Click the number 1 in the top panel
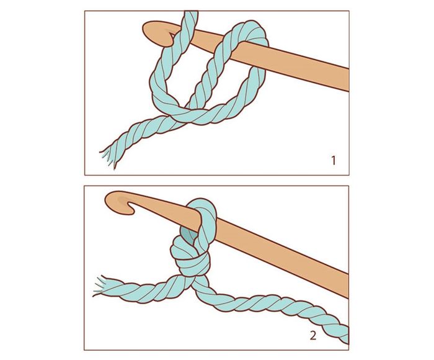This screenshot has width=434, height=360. tap(334, 161)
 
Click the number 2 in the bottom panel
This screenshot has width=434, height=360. tap(313, 336)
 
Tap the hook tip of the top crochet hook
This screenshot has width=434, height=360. tap(172, 41)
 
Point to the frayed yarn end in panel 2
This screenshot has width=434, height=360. tap(100, 286)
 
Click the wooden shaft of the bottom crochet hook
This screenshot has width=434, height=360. tap(277, 252)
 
